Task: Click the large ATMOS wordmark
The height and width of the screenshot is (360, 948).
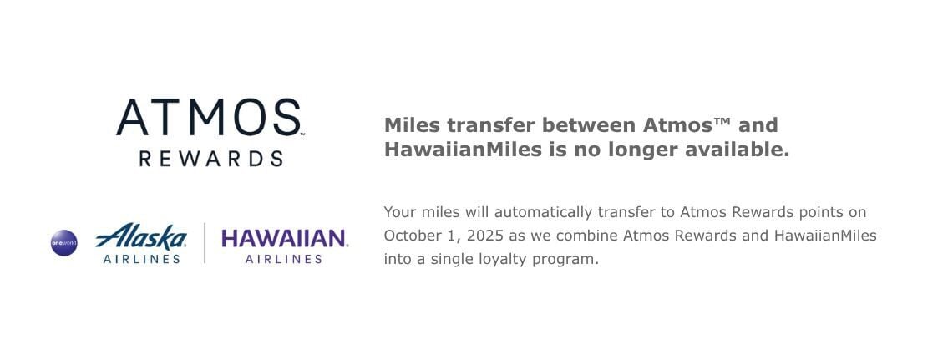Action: click(209, 118)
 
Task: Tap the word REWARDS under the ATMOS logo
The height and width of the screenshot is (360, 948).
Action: click(211, 160)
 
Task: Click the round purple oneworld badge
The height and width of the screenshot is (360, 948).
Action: click(64, 243)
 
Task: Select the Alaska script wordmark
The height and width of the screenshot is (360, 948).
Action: click(141, 236)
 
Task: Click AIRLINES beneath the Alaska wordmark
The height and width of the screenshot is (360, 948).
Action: click(141, 259)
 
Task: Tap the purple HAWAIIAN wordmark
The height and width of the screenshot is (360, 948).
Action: click(284, 238)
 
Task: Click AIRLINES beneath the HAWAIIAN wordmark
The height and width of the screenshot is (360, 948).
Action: click(283, 259)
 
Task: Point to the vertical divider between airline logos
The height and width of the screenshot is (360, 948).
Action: click(205, 243)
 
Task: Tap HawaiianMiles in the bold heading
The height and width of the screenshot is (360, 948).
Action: click(463, 149)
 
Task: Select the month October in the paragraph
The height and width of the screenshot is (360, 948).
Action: click(408, 236)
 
